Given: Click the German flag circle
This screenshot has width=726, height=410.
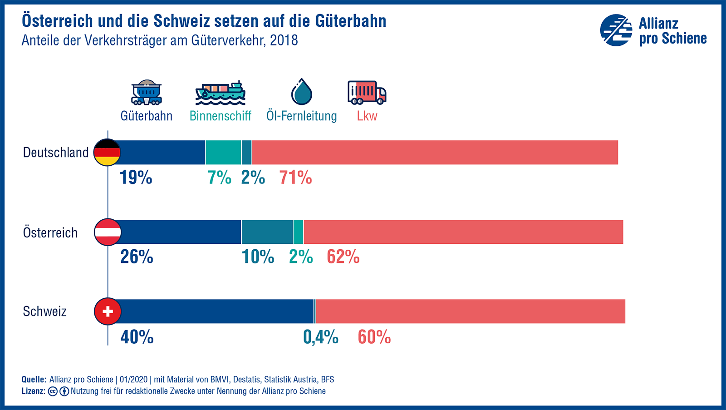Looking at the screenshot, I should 107,152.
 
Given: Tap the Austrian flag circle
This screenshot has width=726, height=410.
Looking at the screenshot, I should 108,232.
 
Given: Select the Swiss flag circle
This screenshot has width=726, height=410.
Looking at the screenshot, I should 108,311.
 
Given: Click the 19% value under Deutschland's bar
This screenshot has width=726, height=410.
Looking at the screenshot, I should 136,177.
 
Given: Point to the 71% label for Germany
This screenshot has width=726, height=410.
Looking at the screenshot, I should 295,177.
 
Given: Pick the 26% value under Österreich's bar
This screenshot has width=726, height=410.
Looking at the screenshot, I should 137,257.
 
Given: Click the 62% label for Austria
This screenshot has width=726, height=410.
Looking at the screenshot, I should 343,257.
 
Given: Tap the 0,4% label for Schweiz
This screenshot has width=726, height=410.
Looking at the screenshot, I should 321,337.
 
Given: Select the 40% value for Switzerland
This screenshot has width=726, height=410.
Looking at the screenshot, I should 137,337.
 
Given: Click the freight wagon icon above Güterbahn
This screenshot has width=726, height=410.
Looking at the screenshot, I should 146,93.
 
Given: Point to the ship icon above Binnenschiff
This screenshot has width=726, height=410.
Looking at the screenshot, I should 221,93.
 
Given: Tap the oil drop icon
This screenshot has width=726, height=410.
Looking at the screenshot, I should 302,92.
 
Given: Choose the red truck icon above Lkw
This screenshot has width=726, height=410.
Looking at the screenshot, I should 367,92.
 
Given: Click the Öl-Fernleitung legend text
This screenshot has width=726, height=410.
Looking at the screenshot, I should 302,116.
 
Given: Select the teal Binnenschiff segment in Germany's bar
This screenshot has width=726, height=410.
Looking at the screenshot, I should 223,152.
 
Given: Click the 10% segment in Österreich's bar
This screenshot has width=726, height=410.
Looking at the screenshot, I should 267,232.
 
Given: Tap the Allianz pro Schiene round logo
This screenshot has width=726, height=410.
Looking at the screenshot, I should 616,30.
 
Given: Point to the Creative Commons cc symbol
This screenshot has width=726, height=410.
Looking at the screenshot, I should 53,391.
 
